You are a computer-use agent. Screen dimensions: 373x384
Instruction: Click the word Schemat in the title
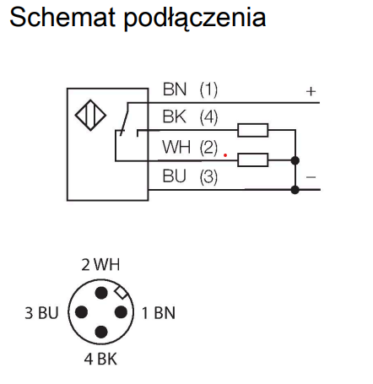click(x=62, y=17)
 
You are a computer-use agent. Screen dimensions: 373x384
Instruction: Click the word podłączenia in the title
click(x=195, y=19)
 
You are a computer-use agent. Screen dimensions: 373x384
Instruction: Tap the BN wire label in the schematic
click(x=175, y=89)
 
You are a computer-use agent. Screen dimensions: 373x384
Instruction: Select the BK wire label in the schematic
click(x=175, y=116)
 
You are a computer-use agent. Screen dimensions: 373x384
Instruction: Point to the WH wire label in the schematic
click(x=176, y=147)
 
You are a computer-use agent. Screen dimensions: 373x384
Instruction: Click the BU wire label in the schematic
click(x=175, y=176)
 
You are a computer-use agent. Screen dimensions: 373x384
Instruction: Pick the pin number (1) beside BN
click(x=208, y=89)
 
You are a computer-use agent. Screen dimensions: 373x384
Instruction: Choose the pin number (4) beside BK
click(x=208, y=117)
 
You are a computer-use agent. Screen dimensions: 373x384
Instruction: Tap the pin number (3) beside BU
click(x=208, y=177)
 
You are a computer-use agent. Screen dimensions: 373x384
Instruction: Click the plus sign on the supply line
click(x=311, y=91)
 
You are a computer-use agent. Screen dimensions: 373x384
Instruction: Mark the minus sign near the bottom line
click(x=311, y=177)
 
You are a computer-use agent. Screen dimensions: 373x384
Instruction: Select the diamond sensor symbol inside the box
click(x=90, y=115)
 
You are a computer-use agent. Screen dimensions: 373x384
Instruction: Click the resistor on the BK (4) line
click(x=252, y=130)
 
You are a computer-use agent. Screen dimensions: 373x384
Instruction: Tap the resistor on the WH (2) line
click(x=252, y=160)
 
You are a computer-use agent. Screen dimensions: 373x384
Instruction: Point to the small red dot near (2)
click(x=225, y=155)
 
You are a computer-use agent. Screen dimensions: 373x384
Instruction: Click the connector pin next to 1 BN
click(x=122, y=312)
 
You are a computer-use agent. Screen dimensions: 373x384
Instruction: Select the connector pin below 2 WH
click(x=101, y=293)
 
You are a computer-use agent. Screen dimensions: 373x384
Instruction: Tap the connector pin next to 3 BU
click(x=82, y=312)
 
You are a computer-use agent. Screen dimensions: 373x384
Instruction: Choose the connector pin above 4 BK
click(x=101, y=332)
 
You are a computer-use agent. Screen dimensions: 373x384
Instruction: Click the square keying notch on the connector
click(x=122, y=292)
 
